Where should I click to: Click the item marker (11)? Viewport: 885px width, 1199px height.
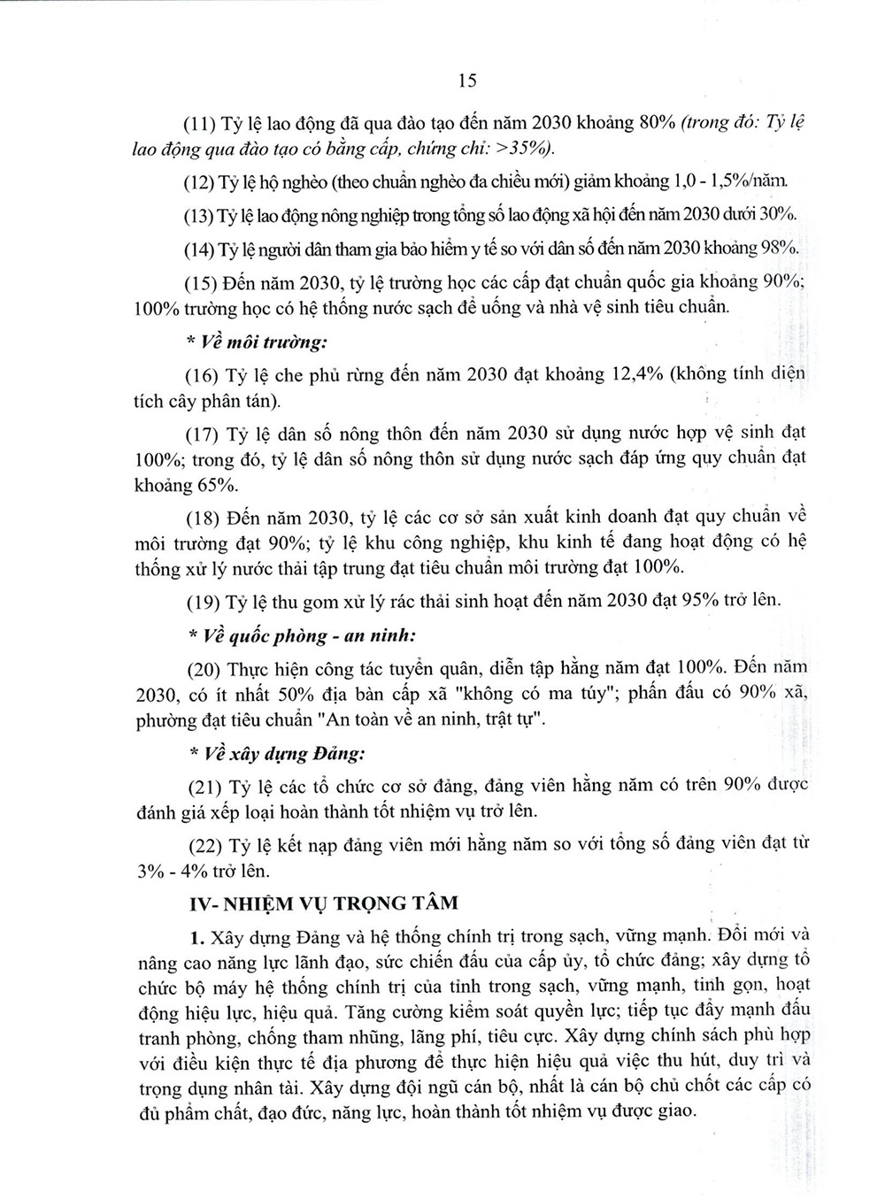point(201,124)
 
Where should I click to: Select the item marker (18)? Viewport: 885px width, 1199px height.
point(202,517)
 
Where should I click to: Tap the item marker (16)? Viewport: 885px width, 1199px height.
point(202,374)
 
